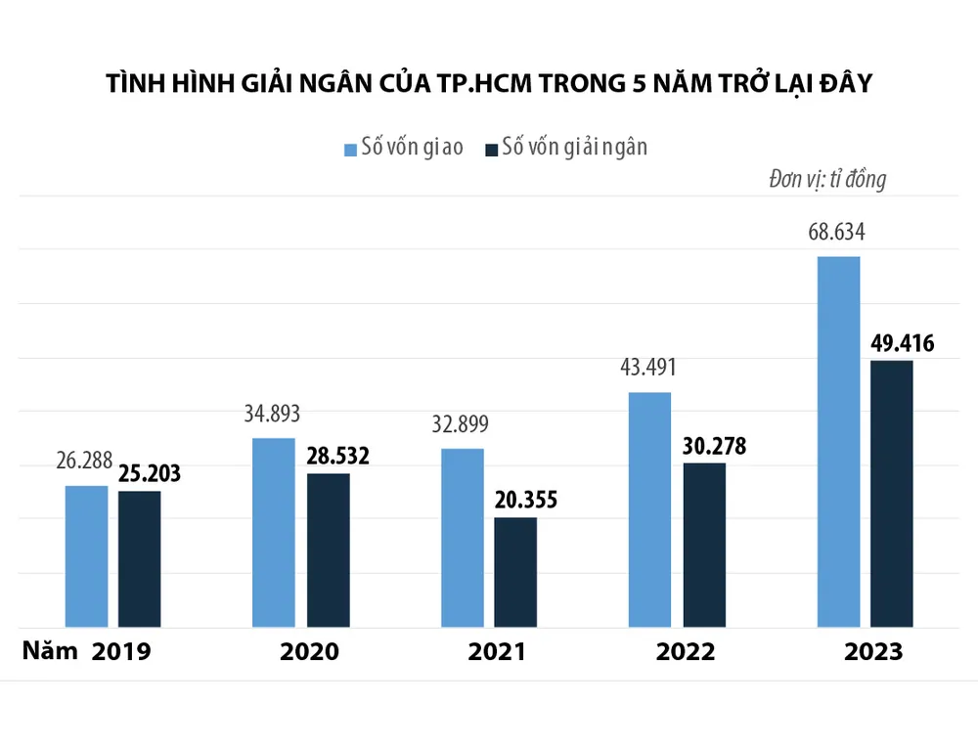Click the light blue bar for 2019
click(x=86, y=555)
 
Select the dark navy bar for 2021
click(x=514, y=572)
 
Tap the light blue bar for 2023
click(x=838, y=441)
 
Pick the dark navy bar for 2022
click(x=704, y=545)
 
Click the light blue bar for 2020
click(x=274, y=532)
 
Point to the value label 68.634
click(x=838, y=233)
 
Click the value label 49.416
click(x=901, y=343)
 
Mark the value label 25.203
click(x=150, y=474)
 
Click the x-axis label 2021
click(x=497, y=652)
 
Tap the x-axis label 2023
click(x=873, y=652)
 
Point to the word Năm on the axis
click(x=50, y=651)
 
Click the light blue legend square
click(x=350, y=149)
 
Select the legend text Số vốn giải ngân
click(x=574, y=148)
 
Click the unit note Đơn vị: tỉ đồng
click(x=826, y=180)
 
